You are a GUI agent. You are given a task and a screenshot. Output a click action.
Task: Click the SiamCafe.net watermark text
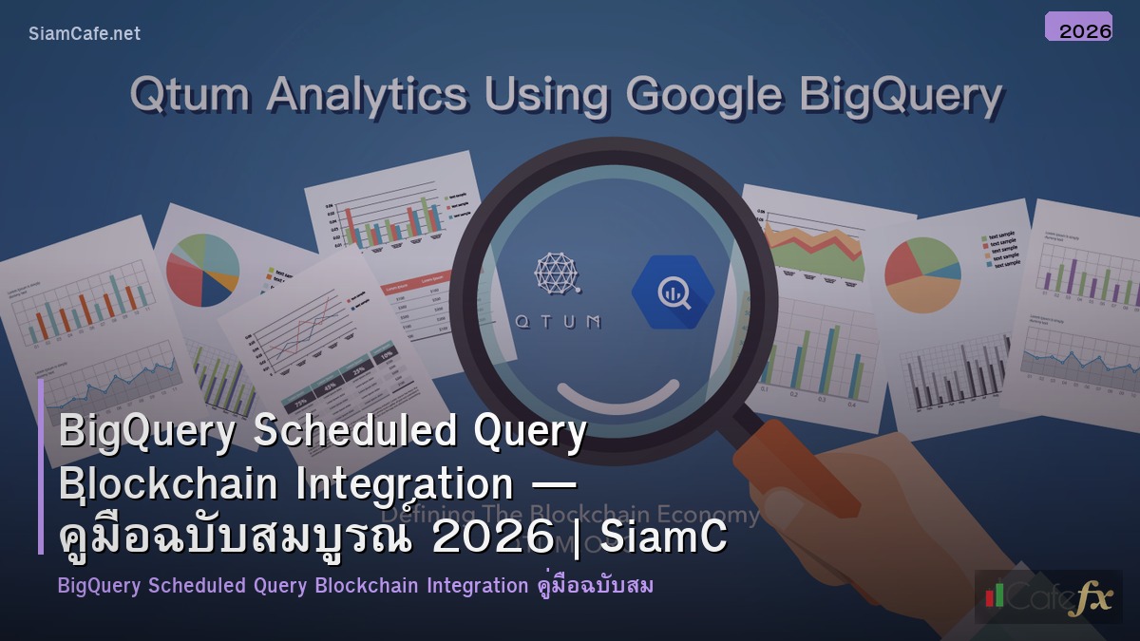click(x=85, y=33)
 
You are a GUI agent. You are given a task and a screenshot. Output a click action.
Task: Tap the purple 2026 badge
click(x=1078, y=27)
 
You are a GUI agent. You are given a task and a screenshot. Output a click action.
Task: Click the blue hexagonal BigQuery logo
click(x=673, y=292)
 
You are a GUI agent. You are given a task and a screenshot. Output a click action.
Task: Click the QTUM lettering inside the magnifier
click(x=557, y=321)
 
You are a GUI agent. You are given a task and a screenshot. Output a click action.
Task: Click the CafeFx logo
click(x=1048, y=596)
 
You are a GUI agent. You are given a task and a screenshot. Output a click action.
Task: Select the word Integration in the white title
click(x=405, y=484)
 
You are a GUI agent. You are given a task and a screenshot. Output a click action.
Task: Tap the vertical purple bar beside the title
click(x=41, y=465)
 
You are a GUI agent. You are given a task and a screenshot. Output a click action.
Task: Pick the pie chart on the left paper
click(x=202, y=270)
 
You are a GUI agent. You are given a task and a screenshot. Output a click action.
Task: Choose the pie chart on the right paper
click(x=921, y=274)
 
